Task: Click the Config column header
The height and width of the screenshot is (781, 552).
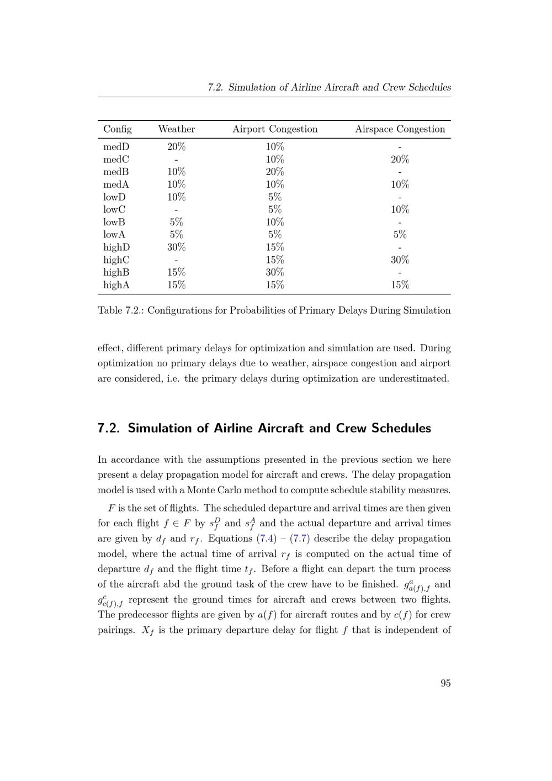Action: [118, 129]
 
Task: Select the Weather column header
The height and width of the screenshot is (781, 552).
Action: [176, 129]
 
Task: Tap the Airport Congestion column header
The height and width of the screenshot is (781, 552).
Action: [275, 129]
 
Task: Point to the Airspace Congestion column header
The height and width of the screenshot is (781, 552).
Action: [400, 129]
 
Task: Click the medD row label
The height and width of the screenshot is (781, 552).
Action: [116, 147]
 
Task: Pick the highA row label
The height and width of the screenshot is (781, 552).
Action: [116, 285]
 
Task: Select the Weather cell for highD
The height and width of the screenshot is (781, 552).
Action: [176, 247]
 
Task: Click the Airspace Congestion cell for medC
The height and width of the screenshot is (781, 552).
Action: [400, 160]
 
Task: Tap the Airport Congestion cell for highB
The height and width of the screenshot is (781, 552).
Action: [275, 272]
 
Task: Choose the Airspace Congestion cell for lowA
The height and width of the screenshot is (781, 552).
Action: [400, 235]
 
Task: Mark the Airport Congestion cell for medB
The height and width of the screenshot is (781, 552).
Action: [275, 172]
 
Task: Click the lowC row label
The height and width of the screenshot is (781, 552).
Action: [114, 210]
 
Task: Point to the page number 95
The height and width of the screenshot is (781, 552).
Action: [445, 683]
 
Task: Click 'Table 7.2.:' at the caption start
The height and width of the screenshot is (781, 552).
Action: [120, 310]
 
